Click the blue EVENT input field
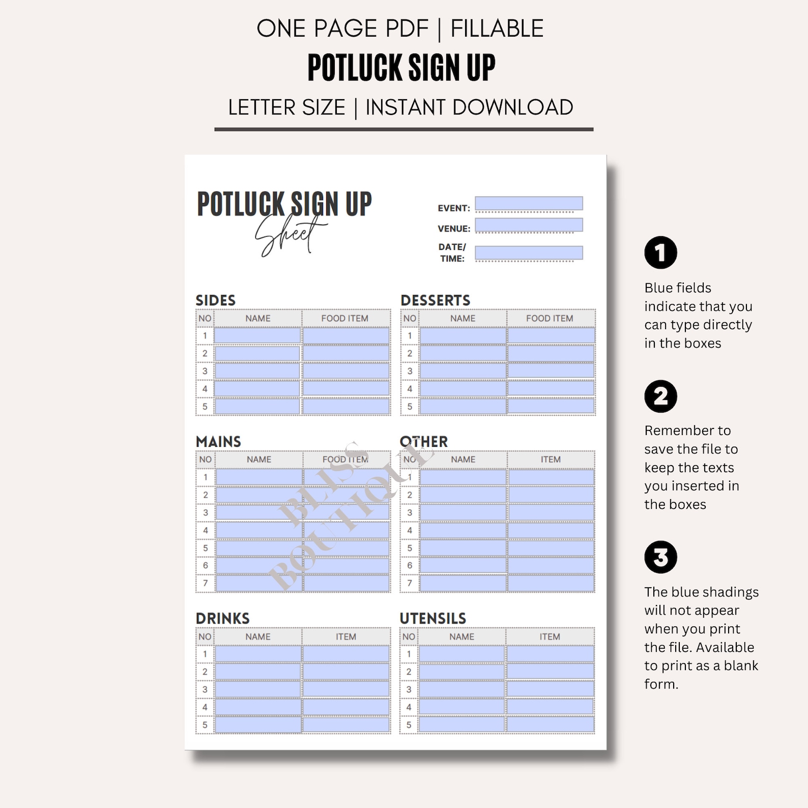click(x=529, y=204)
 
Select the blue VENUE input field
click(x=529, y=225)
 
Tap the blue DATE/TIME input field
click(x=529, y=253)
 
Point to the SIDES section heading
click(x=216, y=300)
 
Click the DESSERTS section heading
click(x=435, y=300)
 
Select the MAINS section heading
click(x=218, y=441)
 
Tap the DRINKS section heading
click(x=222, y=618)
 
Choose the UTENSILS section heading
click(x=432, y=618)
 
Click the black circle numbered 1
click(x=660, y=252)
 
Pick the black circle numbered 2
click(x=660, y=396)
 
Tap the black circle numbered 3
click(x=660, y=557)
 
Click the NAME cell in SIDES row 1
click(x=257, y=336)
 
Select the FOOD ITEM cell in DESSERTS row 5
click(x=551, y=406)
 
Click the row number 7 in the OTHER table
click(x=410, y=583)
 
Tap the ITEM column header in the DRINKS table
click(x=346, y=637)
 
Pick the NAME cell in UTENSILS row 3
click(x=461, y=689)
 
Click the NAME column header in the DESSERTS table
click(x=463, y=318)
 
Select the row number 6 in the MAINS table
click(x=206, y=565)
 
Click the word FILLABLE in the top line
click(x=497, y=28)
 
